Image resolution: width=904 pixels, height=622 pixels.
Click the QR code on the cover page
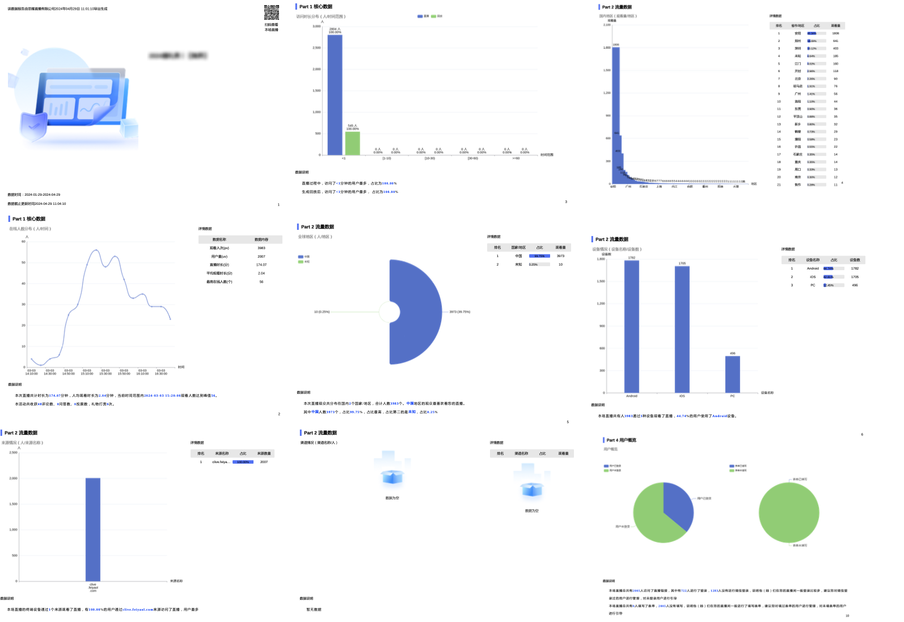click(x=271, y=12)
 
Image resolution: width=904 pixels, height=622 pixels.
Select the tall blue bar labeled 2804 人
click(x=335, y=94)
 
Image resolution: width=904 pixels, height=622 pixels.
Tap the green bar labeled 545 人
click(x=353, y=143)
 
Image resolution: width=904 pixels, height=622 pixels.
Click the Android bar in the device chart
click(x=631, y=326)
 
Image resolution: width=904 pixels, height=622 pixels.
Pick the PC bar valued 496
click(x=732, y=374)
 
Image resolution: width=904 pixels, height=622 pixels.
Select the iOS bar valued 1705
click(x=682, y=329)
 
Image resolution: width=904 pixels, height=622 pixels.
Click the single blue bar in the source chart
click(x=93, y=529)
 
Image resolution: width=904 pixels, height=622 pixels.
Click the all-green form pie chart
click(x=788, y=512)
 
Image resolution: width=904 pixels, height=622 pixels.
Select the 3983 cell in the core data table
click(x=261, y=248)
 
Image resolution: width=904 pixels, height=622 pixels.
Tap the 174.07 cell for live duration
click(x=261, y=265)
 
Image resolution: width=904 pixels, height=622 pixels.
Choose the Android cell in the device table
click(x=813, y=268)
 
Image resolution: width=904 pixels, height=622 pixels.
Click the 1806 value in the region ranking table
click(x=835, y=33)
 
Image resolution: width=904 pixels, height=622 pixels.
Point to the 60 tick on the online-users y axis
click(x=23, y=242)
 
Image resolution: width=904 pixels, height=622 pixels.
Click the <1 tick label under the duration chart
click(x=344, y=158)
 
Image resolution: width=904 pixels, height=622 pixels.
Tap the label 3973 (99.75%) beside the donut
click(x=459, y=312)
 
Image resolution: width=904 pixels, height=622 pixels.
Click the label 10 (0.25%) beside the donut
click(x=322, y=312)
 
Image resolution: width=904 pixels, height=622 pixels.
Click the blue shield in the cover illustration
click(x=33, y=126)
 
